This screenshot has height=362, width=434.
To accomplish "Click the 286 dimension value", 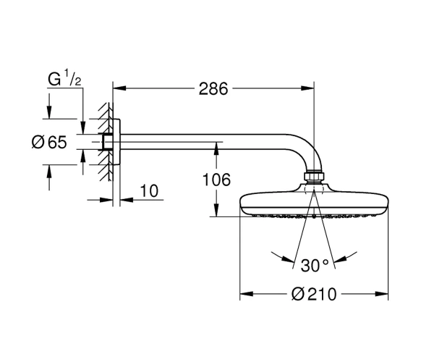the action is (213, 88).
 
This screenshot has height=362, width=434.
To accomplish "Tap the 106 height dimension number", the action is (216, 180).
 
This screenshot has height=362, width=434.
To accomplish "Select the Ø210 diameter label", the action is (314, 294).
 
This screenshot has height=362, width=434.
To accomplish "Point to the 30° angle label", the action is (315, 265).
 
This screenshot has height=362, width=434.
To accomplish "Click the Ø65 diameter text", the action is (49, 142).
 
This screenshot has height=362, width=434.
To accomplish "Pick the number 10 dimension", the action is (149, 191).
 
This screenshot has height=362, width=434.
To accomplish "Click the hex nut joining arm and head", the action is (314, 177).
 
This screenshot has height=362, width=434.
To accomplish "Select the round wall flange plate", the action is (116, 142).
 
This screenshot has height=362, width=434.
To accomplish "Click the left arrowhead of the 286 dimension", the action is (119, 88).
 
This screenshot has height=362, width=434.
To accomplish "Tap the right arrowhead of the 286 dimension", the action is (308, 88).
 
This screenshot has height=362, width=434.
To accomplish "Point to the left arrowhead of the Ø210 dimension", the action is (247, 294).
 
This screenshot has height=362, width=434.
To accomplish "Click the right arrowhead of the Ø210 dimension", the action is (381, 294).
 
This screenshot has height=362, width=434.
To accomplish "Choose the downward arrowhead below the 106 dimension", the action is (216, 210).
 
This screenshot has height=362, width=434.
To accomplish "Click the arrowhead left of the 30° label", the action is (288, 259).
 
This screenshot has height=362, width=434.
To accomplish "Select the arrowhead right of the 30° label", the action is (340, 259).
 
